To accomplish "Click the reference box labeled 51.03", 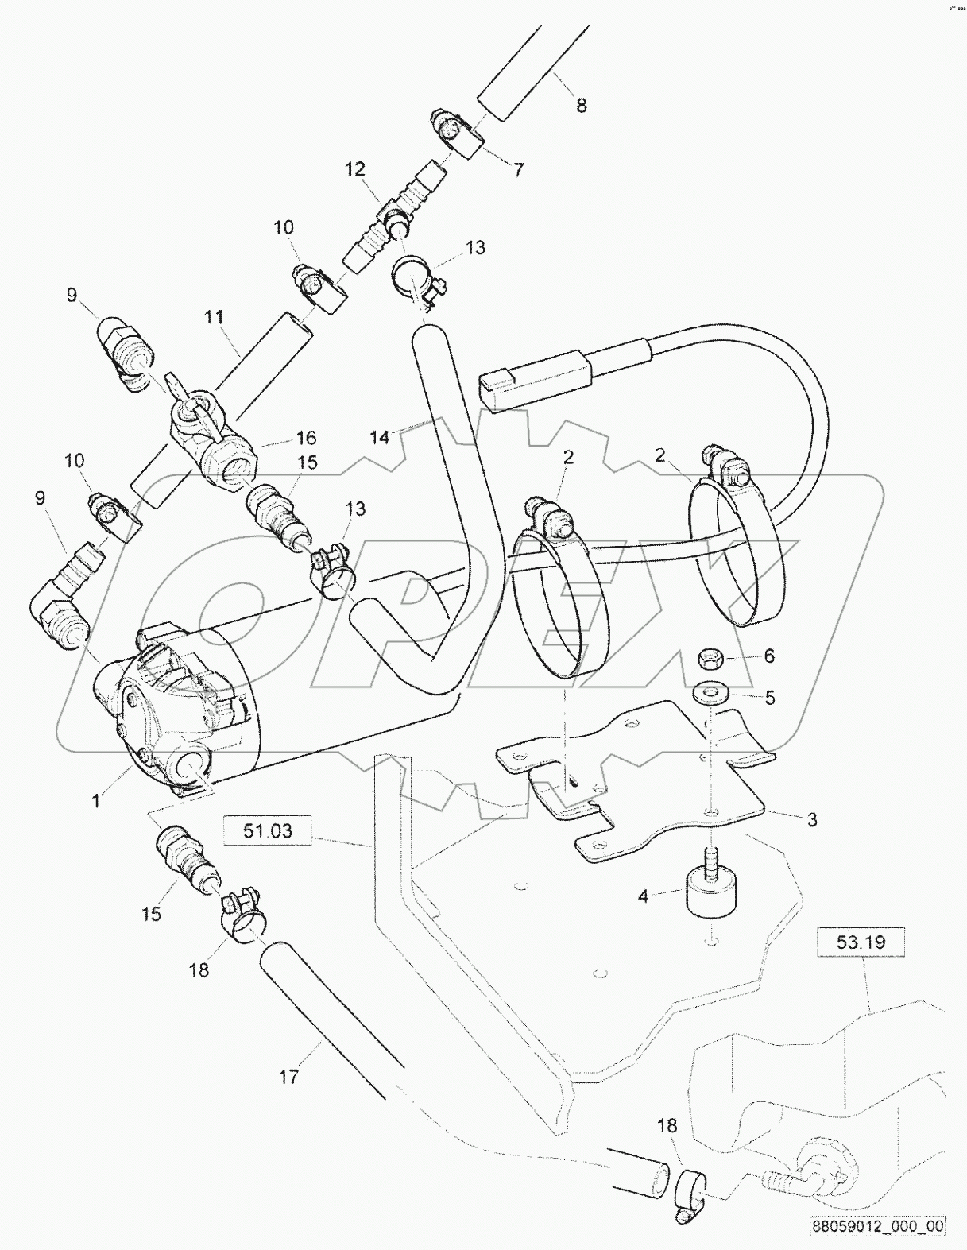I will pos(267,831).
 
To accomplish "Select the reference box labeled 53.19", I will pos(861,942).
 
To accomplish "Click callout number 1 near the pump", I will pos(96,801).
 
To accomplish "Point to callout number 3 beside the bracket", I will pos(812,819).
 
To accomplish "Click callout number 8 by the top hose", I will pos(581,105).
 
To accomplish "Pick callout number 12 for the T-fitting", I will pos(354,169).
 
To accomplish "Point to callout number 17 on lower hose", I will pos(288,1077).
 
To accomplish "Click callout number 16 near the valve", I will pos(306,437).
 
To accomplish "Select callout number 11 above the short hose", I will pos(213,318).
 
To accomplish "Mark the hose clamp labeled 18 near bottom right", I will pos(688,1190).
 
